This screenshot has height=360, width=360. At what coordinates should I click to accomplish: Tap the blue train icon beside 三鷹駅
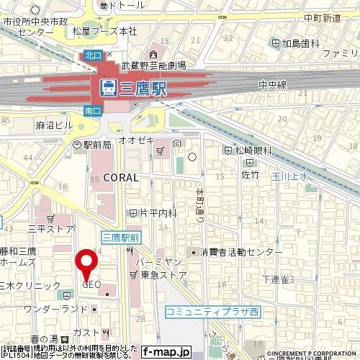click(x=108, y=87)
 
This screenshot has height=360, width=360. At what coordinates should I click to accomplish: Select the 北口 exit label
click(x=93, y=54)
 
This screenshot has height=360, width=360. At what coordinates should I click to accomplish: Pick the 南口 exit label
click(x=92, y=112)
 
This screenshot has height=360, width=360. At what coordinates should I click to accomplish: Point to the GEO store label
click(x=91, y=284)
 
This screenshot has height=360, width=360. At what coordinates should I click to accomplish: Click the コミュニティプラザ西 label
click(x=212, y=311)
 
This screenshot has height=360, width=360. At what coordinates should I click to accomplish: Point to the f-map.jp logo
click(x=166, y=352)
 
